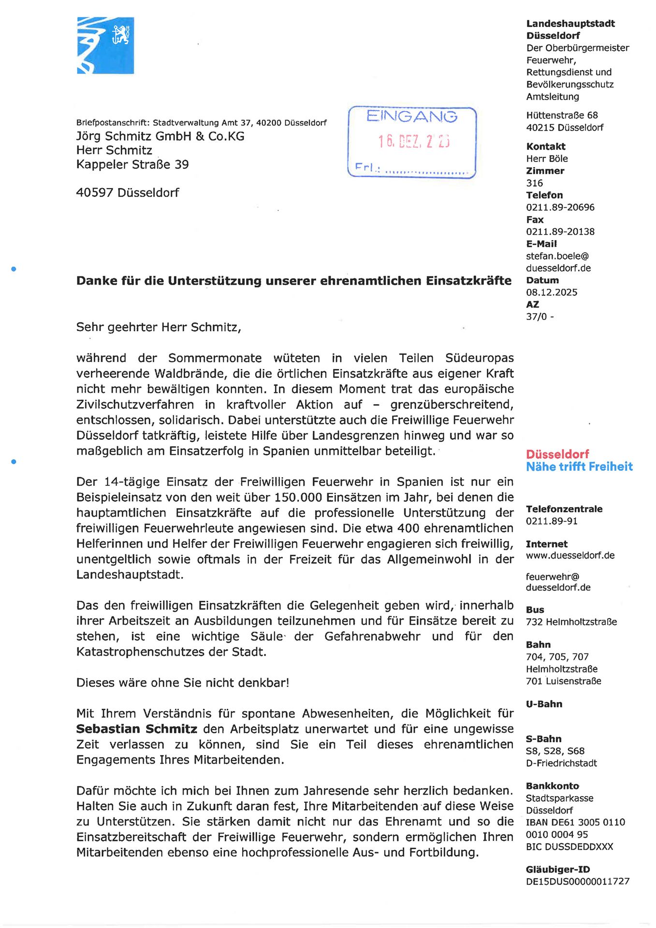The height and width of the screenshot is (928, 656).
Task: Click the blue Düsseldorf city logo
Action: (x=105, y=45)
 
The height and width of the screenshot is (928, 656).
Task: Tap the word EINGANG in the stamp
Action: (x=411, y=116)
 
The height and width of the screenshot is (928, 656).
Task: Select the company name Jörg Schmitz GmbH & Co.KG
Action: (x=160, y=136)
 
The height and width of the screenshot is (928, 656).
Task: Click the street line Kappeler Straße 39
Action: (x=132, y=164)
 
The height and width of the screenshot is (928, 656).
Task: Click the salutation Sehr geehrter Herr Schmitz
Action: (x=159, y=327)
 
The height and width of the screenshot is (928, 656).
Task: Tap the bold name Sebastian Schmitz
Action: (x=137, y=729)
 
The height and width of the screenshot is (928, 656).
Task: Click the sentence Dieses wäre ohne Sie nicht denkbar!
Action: (x=183, y=682)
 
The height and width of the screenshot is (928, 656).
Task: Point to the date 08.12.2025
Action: (x=552, y=292)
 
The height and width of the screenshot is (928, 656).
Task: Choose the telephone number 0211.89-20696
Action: (x=560, y=207)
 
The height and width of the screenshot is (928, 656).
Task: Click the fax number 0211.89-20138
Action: (x=560, y=232)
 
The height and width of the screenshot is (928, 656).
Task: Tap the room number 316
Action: (x=535, y=183)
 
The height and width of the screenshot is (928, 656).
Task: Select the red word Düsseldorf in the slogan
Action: (x=557, y=454)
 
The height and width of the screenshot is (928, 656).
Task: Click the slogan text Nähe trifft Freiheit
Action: (x=579, y=466)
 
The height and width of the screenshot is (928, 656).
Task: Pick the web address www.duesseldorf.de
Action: (x=570, y=555)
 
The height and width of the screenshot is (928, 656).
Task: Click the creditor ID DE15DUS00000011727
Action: (x=578, y=881)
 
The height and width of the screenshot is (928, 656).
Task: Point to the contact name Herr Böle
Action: (x=547, y=159)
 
